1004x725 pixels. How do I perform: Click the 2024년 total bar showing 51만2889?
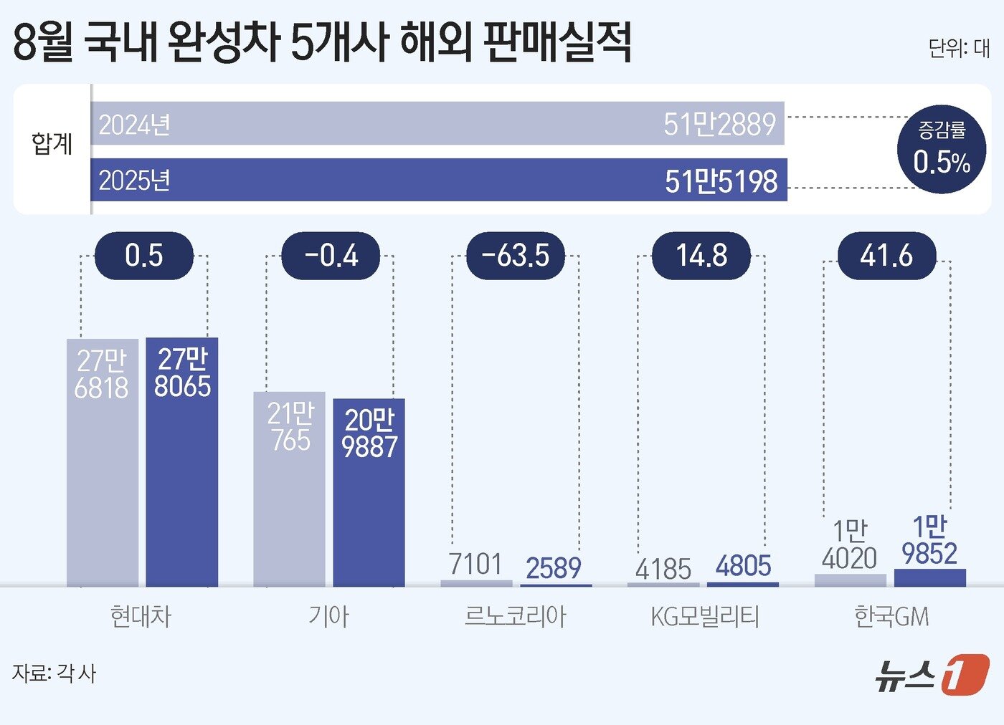437,123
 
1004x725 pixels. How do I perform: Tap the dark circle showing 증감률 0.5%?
942,149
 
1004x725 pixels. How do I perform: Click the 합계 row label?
52,144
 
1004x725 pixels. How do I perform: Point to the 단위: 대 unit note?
959,48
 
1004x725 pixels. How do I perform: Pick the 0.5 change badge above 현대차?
144,256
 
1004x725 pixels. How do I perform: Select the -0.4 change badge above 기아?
331,256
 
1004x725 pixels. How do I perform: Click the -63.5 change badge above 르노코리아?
516,256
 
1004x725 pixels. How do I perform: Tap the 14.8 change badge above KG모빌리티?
701,256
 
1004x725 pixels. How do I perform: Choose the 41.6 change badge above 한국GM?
887,256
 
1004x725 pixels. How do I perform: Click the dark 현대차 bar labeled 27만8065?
182,462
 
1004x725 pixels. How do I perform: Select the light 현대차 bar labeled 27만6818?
103,462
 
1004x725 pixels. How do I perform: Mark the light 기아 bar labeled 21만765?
289,489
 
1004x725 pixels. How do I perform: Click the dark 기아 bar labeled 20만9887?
369,492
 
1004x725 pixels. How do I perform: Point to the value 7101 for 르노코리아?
475,565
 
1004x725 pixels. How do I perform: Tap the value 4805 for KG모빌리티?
743,567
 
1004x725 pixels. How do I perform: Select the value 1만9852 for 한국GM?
929,541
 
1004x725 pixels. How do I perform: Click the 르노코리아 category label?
515,616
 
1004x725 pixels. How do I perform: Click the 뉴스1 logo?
932,675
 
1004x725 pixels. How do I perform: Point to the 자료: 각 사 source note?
55,673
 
